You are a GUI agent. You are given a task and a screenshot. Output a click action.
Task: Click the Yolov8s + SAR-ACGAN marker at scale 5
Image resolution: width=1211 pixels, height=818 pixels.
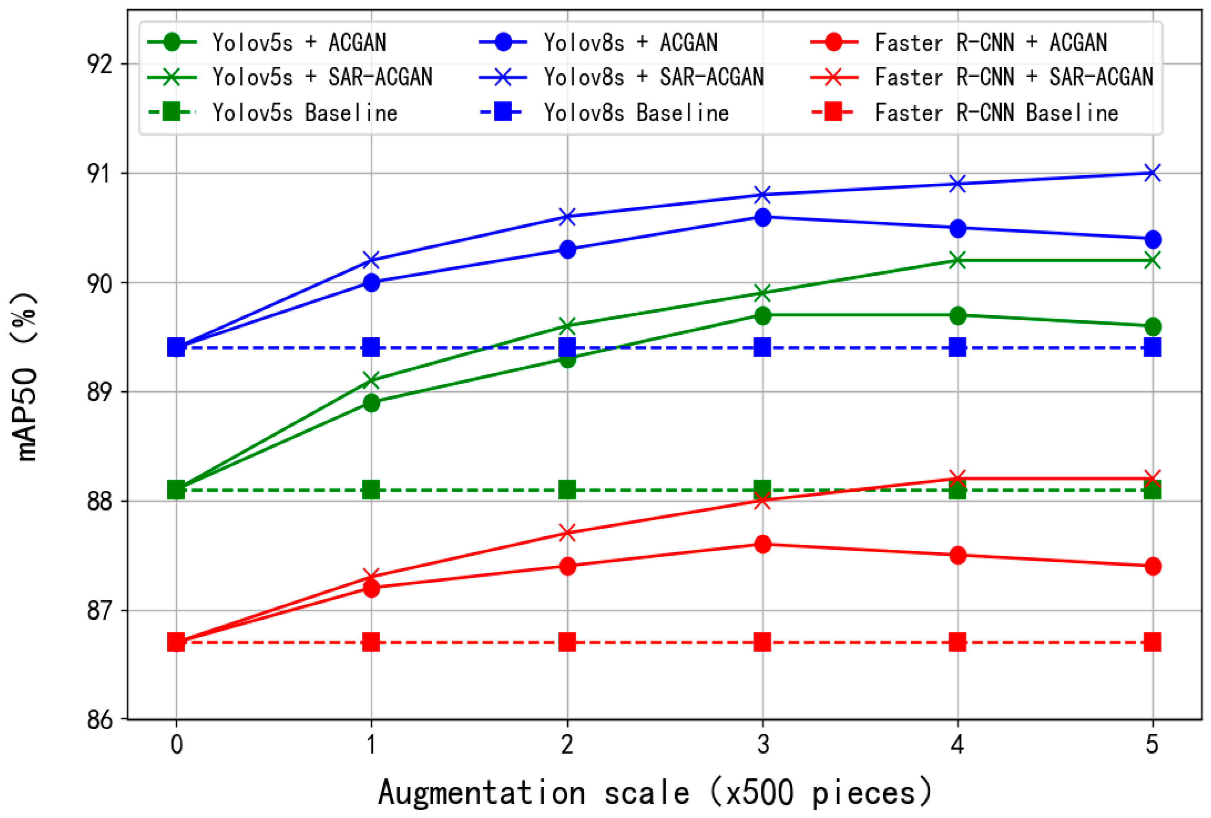1152,173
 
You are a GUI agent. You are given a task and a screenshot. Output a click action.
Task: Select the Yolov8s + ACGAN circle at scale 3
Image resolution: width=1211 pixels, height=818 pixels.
763,217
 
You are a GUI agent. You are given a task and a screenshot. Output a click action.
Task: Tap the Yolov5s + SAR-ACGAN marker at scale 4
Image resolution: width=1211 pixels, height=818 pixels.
957,260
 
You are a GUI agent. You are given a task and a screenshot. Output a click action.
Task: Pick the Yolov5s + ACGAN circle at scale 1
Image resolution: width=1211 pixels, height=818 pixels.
371,402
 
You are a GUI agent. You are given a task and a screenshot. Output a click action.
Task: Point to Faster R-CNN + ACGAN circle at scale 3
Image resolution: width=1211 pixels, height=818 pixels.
763,544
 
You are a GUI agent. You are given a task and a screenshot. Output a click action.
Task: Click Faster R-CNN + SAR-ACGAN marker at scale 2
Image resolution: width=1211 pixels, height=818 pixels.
567,533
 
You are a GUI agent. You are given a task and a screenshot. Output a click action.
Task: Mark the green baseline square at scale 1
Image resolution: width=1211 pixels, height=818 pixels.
371,490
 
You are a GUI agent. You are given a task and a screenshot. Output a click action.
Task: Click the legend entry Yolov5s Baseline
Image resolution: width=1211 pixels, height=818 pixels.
305,113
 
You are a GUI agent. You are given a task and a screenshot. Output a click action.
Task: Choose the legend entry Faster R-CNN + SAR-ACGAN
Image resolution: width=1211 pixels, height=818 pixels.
1014,77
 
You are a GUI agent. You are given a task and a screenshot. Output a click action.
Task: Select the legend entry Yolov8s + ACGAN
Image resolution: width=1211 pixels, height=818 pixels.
631,42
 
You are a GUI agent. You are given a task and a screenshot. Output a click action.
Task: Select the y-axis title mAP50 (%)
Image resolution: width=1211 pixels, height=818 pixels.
25,376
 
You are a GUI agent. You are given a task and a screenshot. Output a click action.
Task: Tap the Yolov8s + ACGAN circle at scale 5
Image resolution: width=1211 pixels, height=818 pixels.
1152,239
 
